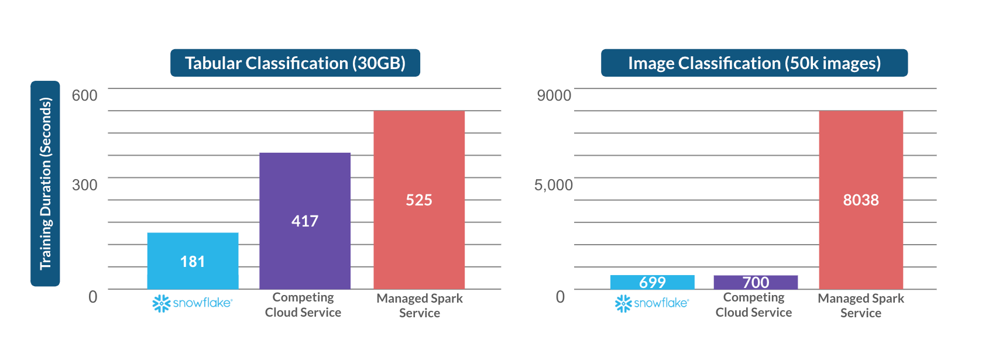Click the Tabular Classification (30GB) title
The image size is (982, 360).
[x=295, y=63]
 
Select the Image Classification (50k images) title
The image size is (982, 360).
[x=754, y=63]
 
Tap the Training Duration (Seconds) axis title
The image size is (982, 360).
[x=45, y=183]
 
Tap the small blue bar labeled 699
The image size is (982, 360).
[x=652, y=282]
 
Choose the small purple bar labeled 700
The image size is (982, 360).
[x=756, y=282]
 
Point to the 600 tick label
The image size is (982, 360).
[x=84, y=95]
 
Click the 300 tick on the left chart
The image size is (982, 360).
[x=84, y=185]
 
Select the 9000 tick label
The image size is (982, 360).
[x=554, y=95]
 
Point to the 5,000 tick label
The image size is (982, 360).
[x=553, y=185]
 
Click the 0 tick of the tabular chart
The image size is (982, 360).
[x=92, y=297]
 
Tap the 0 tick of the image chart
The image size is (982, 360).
[x=560, y=297]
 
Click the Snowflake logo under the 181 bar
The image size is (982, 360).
[x=193, y=303]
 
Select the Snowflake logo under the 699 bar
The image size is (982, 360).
[x=652, y=303]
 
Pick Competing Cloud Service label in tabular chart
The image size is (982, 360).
[x=303, y=305]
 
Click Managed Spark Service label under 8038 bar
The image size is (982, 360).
[x=861, y=306]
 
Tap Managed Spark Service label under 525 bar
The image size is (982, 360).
[x=420, y=306]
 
